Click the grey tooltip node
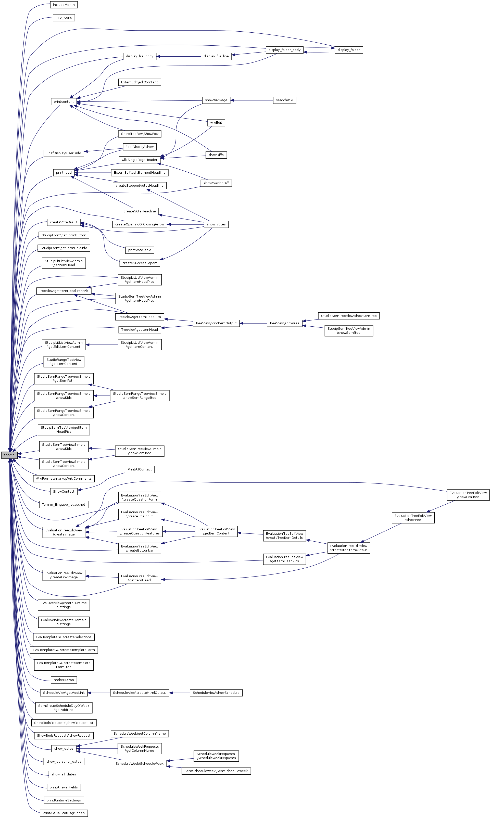pos(9,455)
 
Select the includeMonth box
pos(64,5)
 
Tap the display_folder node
pos(349,50)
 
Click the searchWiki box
pos(284,100)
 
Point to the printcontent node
pos(64,101)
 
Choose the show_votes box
pos(216,224)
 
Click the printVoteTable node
pos(140,250)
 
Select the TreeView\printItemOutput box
pos(216,323)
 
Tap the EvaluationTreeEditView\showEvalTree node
pos(468,495)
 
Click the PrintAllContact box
pos(140,469)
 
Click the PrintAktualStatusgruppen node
pos(64,813)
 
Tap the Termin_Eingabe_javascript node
pos(64,504)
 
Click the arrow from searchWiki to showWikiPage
pos(251,100)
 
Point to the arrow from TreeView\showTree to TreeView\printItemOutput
pos(253,323)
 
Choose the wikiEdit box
pos(216,123)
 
